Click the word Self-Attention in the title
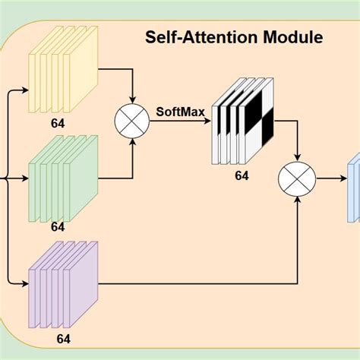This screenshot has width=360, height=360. click(x=203, y=36)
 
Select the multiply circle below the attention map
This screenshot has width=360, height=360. click(x=296, y=181)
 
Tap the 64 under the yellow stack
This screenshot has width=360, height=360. click(x=58, y=122)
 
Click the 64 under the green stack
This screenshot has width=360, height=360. click(x=58, y=226)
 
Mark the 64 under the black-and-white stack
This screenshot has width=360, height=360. click(x=242, y=176)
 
